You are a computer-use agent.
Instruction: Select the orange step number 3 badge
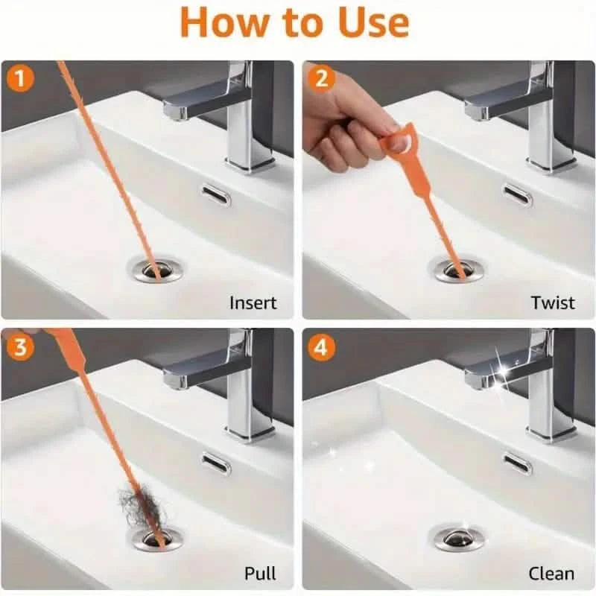[x=19, y=348]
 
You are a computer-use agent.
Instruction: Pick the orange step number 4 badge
[x=322, y=348]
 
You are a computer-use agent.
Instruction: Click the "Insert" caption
[x=253, y=302]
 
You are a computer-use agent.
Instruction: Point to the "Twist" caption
[x=553, y=302]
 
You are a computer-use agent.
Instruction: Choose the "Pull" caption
[x=260, y=573]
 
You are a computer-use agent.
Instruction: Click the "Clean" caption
[x=551, y=573]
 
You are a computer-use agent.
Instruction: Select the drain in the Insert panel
[x=154, y=268]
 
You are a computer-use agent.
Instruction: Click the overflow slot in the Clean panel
[x=517, y=463]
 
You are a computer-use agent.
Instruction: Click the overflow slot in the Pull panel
[x=215, y=463]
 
